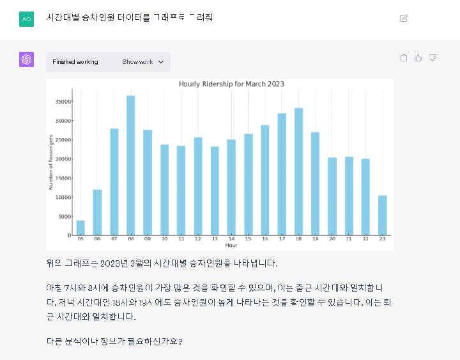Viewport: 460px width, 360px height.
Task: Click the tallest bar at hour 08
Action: tap(130, 166)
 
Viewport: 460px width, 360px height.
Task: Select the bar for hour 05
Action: tap(80, 228)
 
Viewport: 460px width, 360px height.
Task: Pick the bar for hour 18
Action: tap(298, 171)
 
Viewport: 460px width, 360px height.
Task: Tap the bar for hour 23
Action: tap(382, 215)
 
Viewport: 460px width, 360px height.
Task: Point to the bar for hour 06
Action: tap(97, 212)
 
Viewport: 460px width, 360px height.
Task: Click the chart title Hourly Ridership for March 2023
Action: tap(231, 84)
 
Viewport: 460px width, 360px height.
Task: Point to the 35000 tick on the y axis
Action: tap(62, 101)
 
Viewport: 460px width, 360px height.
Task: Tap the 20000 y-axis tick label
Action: tap(62, 159)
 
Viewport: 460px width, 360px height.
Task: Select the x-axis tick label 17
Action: tap(282, 239)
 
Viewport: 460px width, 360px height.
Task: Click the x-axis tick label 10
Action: tap(164, 239)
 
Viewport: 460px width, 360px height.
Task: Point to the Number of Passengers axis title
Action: tap(51, 162)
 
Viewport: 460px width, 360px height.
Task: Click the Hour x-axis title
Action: tap(231, 245)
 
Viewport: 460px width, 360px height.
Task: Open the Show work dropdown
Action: tap(143, 62)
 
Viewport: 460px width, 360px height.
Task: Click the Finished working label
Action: tap(75, 62)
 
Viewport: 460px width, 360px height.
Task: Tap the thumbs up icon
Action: tap(418, 58)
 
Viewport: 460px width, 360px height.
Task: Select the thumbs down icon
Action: tap(433, 58)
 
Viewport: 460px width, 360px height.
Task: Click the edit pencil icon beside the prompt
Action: tap(403, 18)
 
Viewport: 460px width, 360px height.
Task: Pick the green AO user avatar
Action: tap(26, 19)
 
